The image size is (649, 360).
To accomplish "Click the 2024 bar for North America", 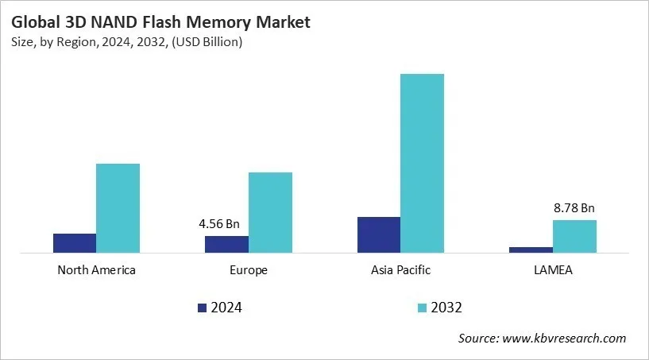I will point(75,243).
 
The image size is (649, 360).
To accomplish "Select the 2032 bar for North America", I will point(118,208).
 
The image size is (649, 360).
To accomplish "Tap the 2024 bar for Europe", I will point(226,244).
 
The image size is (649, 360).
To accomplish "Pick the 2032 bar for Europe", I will point(270,212).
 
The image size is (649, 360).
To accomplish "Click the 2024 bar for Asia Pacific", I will point(379,234).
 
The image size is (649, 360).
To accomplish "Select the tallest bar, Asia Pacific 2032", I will point(422,163).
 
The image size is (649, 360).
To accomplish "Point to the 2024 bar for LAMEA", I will point(531,250).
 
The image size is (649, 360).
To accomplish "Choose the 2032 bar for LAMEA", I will point(574,236).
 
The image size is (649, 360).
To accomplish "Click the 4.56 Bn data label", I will point(219,224).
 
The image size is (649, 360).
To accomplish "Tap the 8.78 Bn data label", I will point(574,208).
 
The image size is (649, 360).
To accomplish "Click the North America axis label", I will point(96,270).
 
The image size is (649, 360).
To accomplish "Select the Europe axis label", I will point(248,270).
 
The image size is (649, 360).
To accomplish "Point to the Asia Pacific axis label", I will point(400,270).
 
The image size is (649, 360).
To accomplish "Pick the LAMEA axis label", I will point(553,270).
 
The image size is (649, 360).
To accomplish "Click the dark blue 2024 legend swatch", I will point(202,308).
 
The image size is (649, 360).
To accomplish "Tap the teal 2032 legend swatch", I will point(422,308).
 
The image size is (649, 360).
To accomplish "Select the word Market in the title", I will point(282,23).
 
